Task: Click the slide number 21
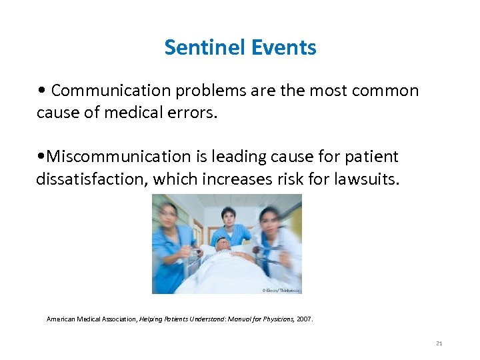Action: [x=439, y=343]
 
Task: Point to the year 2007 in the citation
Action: [x=304, y=319]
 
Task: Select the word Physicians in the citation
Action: [x=271, y=319]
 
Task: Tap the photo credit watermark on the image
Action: [x=281, y=290]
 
